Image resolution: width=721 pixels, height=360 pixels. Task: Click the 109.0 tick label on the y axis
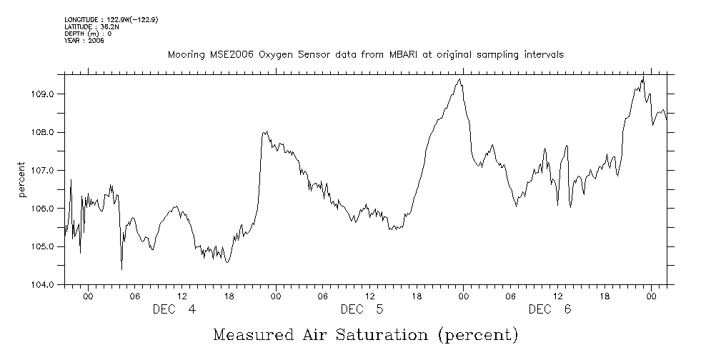point(51,94)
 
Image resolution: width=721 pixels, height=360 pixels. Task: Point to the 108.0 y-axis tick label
point(51,132)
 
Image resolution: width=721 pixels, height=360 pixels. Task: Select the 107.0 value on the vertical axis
point(51,171)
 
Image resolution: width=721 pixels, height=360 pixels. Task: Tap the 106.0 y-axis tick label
point(51,209)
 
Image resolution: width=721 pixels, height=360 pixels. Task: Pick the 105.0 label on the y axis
point(51,246)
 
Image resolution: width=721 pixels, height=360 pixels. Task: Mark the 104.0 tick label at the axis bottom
point(51,284)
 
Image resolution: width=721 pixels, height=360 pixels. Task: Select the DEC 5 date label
point(362,309)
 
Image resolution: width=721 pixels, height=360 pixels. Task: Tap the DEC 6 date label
point(550,309)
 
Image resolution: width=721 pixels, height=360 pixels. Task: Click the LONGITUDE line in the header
point(111,19)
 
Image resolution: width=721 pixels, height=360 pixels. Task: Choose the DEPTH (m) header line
point(87,34)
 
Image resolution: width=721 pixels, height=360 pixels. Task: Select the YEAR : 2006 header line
point(84,41)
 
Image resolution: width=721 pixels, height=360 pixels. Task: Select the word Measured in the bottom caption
point(253,334)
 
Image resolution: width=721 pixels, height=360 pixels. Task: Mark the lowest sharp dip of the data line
point(121,269)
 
